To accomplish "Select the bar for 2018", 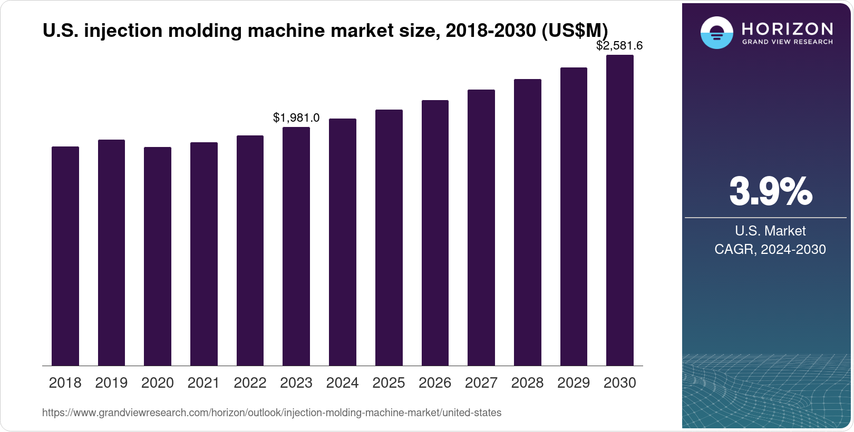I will pos(65,256).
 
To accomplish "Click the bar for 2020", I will pos(158,256).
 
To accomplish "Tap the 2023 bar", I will pos(296,246).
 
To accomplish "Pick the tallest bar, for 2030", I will pos(620,210).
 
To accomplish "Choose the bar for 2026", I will pos(435,233).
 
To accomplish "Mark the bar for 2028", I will pos(528,222).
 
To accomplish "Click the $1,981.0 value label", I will pos(296,118).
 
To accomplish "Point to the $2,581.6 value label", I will pos(619,46).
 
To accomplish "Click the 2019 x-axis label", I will pos(111,383).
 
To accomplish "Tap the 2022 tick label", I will pos(250,383).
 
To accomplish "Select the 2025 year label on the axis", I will pos(389,383).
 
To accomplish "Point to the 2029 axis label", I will pos(574,383).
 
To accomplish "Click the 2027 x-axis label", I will pos(481,383).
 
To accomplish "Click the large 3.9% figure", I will pos(770,191).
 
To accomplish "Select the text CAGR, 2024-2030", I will pos(770,249).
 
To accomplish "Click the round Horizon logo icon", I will pos(716,33).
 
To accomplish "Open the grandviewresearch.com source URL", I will pos(271,413).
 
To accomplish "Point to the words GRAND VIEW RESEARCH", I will pos(788,42).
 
